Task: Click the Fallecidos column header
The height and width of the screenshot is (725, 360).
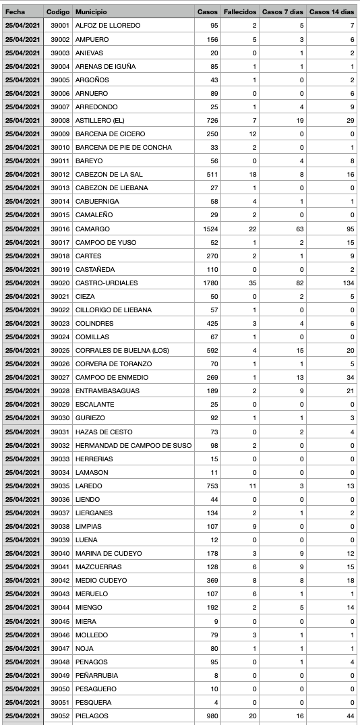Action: coord(239,12)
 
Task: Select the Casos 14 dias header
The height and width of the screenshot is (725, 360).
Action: coord(331,12)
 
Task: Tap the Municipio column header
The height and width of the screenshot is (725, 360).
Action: coord(91,12)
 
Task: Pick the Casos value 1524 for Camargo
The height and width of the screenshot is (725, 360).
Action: coord(210,229)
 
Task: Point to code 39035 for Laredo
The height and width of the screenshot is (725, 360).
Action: coord(60,486)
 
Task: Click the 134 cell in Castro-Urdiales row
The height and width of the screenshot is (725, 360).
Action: coord(349,283)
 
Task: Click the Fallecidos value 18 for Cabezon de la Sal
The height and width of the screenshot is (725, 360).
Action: coord(252,174)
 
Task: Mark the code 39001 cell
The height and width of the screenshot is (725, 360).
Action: coord(60,26)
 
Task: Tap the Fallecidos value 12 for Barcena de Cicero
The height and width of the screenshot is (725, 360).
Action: coord(252,134)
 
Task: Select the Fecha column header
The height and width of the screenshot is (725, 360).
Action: coord(15,12)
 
